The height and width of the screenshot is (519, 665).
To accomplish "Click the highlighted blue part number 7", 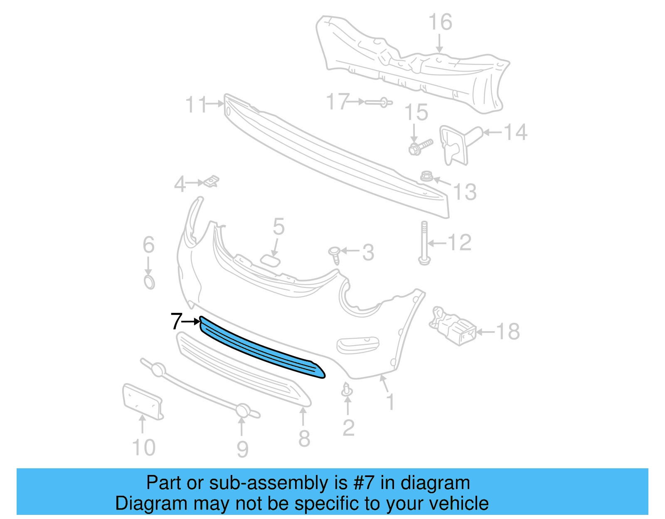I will [x=262, y=349].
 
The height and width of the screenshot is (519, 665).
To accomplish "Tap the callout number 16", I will [x=440, y=22].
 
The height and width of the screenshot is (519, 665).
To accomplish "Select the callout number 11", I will [x=196, y=105].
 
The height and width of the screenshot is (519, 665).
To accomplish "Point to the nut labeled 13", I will [x=426, y=176].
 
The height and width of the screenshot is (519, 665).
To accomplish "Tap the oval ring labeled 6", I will [x=149, y=282].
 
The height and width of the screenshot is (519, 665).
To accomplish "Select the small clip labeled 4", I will [x=212, y=182].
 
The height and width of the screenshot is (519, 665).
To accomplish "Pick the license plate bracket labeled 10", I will [x=142, y=401].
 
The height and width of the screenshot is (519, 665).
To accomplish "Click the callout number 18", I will [x=508, y=332].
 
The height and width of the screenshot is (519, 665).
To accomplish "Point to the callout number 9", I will [x=242, y=450].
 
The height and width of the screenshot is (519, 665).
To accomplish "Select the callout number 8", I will [x=304, y=439].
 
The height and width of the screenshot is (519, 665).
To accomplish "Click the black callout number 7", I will [x=176, y=321].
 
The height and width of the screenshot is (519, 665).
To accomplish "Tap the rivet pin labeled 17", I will [x=378, y=102].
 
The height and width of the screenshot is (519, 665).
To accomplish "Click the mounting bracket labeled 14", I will [x=457, y=143].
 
